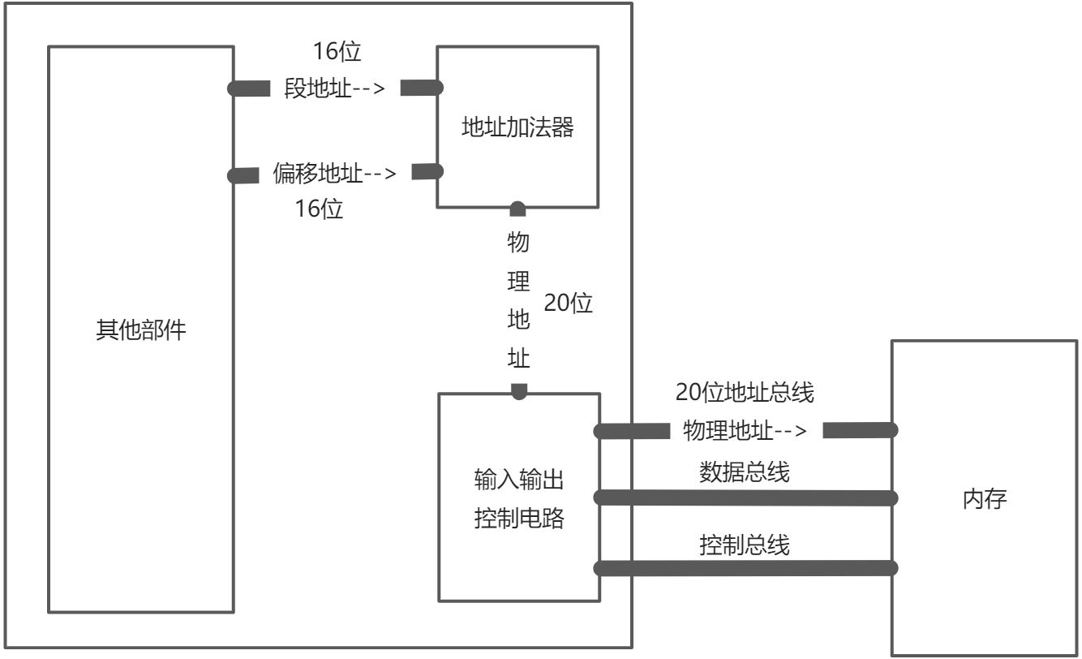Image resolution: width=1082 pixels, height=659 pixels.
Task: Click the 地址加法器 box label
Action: pos(517,127)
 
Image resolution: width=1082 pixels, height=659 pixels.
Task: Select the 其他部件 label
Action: pos(141,330)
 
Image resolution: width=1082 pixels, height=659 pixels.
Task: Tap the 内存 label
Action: pos(985,499)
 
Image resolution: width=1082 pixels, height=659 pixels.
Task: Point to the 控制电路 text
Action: pos(518,519)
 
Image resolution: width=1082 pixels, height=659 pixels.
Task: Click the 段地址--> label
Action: pos(334,88)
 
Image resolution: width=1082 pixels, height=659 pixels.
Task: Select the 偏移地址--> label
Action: pos(334,173)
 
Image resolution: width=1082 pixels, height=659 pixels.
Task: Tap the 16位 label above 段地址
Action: pos(337,52)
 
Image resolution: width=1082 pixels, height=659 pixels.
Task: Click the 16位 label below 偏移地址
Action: pos(319,209)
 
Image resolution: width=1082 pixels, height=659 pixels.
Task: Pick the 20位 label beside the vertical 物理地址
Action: pos(569,304)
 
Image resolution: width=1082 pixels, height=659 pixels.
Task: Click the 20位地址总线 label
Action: pos(745,394)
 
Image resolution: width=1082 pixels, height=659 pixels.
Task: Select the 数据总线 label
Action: pos(745,472)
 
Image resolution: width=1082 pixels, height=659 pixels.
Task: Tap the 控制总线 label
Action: pos(745,545)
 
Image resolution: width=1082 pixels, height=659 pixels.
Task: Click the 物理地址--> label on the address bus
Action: pos(745,431)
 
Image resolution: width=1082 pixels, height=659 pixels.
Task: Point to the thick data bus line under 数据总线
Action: pos(746,497)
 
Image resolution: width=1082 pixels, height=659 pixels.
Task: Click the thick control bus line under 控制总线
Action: pos(746,568)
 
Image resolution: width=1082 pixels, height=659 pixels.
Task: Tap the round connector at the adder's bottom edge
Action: pos(517,209)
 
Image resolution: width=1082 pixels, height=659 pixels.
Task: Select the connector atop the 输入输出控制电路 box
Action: pos(519,391)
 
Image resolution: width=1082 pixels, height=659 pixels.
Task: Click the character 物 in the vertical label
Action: pos(518,243)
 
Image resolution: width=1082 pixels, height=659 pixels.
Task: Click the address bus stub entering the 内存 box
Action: pos(860,430)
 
